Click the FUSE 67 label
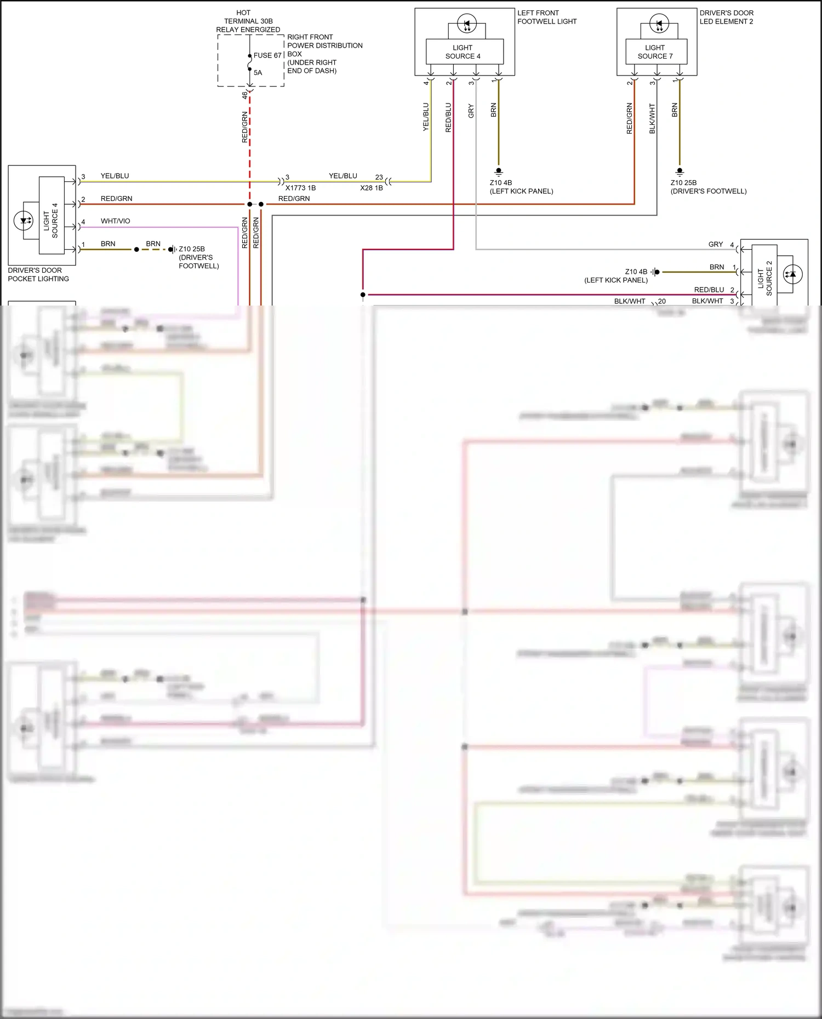coord(267,55)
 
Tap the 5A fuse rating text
coord(258,72)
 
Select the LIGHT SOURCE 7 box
coord(655,52)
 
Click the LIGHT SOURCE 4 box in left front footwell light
coord(464,52)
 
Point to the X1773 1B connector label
coord(300,188)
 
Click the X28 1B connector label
coord(371,188)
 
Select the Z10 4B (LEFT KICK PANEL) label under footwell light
coord(521,187)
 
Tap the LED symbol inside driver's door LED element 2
coord(659,24)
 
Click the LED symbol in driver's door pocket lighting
coord(23,221)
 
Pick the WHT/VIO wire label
coord(116,221)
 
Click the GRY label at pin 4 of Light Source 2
coord(715,244)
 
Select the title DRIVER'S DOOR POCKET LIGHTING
coord(38,274)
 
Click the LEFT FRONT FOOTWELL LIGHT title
coord(546,17)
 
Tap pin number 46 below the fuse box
coord(244,95)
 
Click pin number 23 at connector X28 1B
coord(379,177)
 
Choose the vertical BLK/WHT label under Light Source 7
coord(652,118)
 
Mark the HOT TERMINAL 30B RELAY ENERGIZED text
coord(248,21)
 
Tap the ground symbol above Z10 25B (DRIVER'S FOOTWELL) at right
coord(680,171)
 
